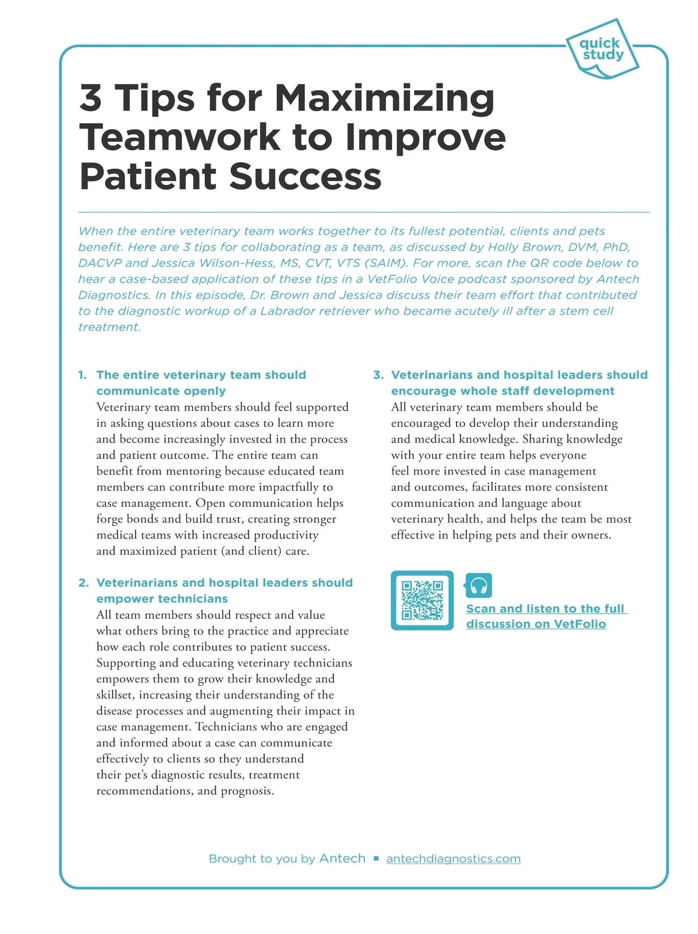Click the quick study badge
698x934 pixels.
pyautogui.click(x=601, y=49)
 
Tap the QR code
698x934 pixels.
pyautogui.click(x=422, y=600)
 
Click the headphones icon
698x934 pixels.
pyautogui.click(x=479, y=586)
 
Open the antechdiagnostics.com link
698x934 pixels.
pyautogui.click(x=453, y=859)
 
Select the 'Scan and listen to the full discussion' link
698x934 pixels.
pyautogui.click(x=545, y=616)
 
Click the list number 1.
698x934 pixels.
pyautogui.click(x=82, y=375)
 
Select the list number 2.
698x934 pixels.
pyautogui.click(x=83, y=583)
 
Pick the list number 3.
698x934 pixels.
pyautogui.click(x=378, y=375)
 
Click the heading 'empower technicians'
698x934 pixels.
pyautogui.click(x=162, y=599)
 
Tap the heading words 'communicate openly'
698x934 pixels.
pyautogui.click(x=161, y=391)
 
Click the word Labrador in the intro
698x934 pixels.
pyautogui.click(x=285, y=311)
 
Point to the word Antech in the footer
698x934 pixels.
pyautogui.click(x=343, y=858)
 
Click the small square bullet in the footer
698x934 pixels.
pyautogui.click(x=376, y=859)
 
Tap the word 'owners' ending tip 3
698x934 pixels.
pyautogui.click(x=590, y=535)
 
